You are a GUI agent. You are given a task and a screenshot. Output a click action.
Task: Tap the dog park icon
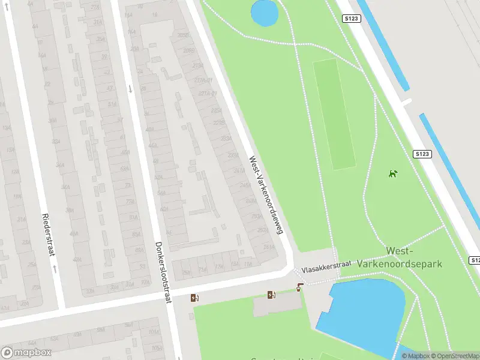click(x=392, y=174)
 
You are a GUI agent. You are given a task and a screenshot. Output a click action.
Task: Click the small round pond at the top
click(x=265, y=13)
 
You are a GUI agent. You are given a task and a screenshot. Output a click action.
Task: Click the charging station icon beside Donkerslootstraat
click(x=194, y=298)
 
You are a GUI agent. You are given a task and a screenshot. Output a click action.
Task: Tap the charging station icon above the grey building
click(x=271, y=295)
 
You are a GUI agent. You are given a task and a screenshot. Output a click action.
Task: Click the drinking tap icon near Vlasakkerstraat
click(x=300, y=287)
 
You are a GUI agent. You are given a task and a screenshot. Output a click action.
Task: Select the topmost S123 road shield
click(x=352, y=19)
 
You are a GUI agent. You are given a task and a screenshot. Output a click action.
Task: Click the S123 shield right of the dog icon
click(x=422, y=154)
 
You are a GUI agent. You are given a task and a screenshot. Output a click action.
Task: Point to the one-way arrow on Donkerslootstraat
click(x=130, y=89)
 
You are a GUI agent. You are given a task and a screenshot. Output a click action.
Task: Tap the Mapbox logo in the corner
click(x=26, y=353)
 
